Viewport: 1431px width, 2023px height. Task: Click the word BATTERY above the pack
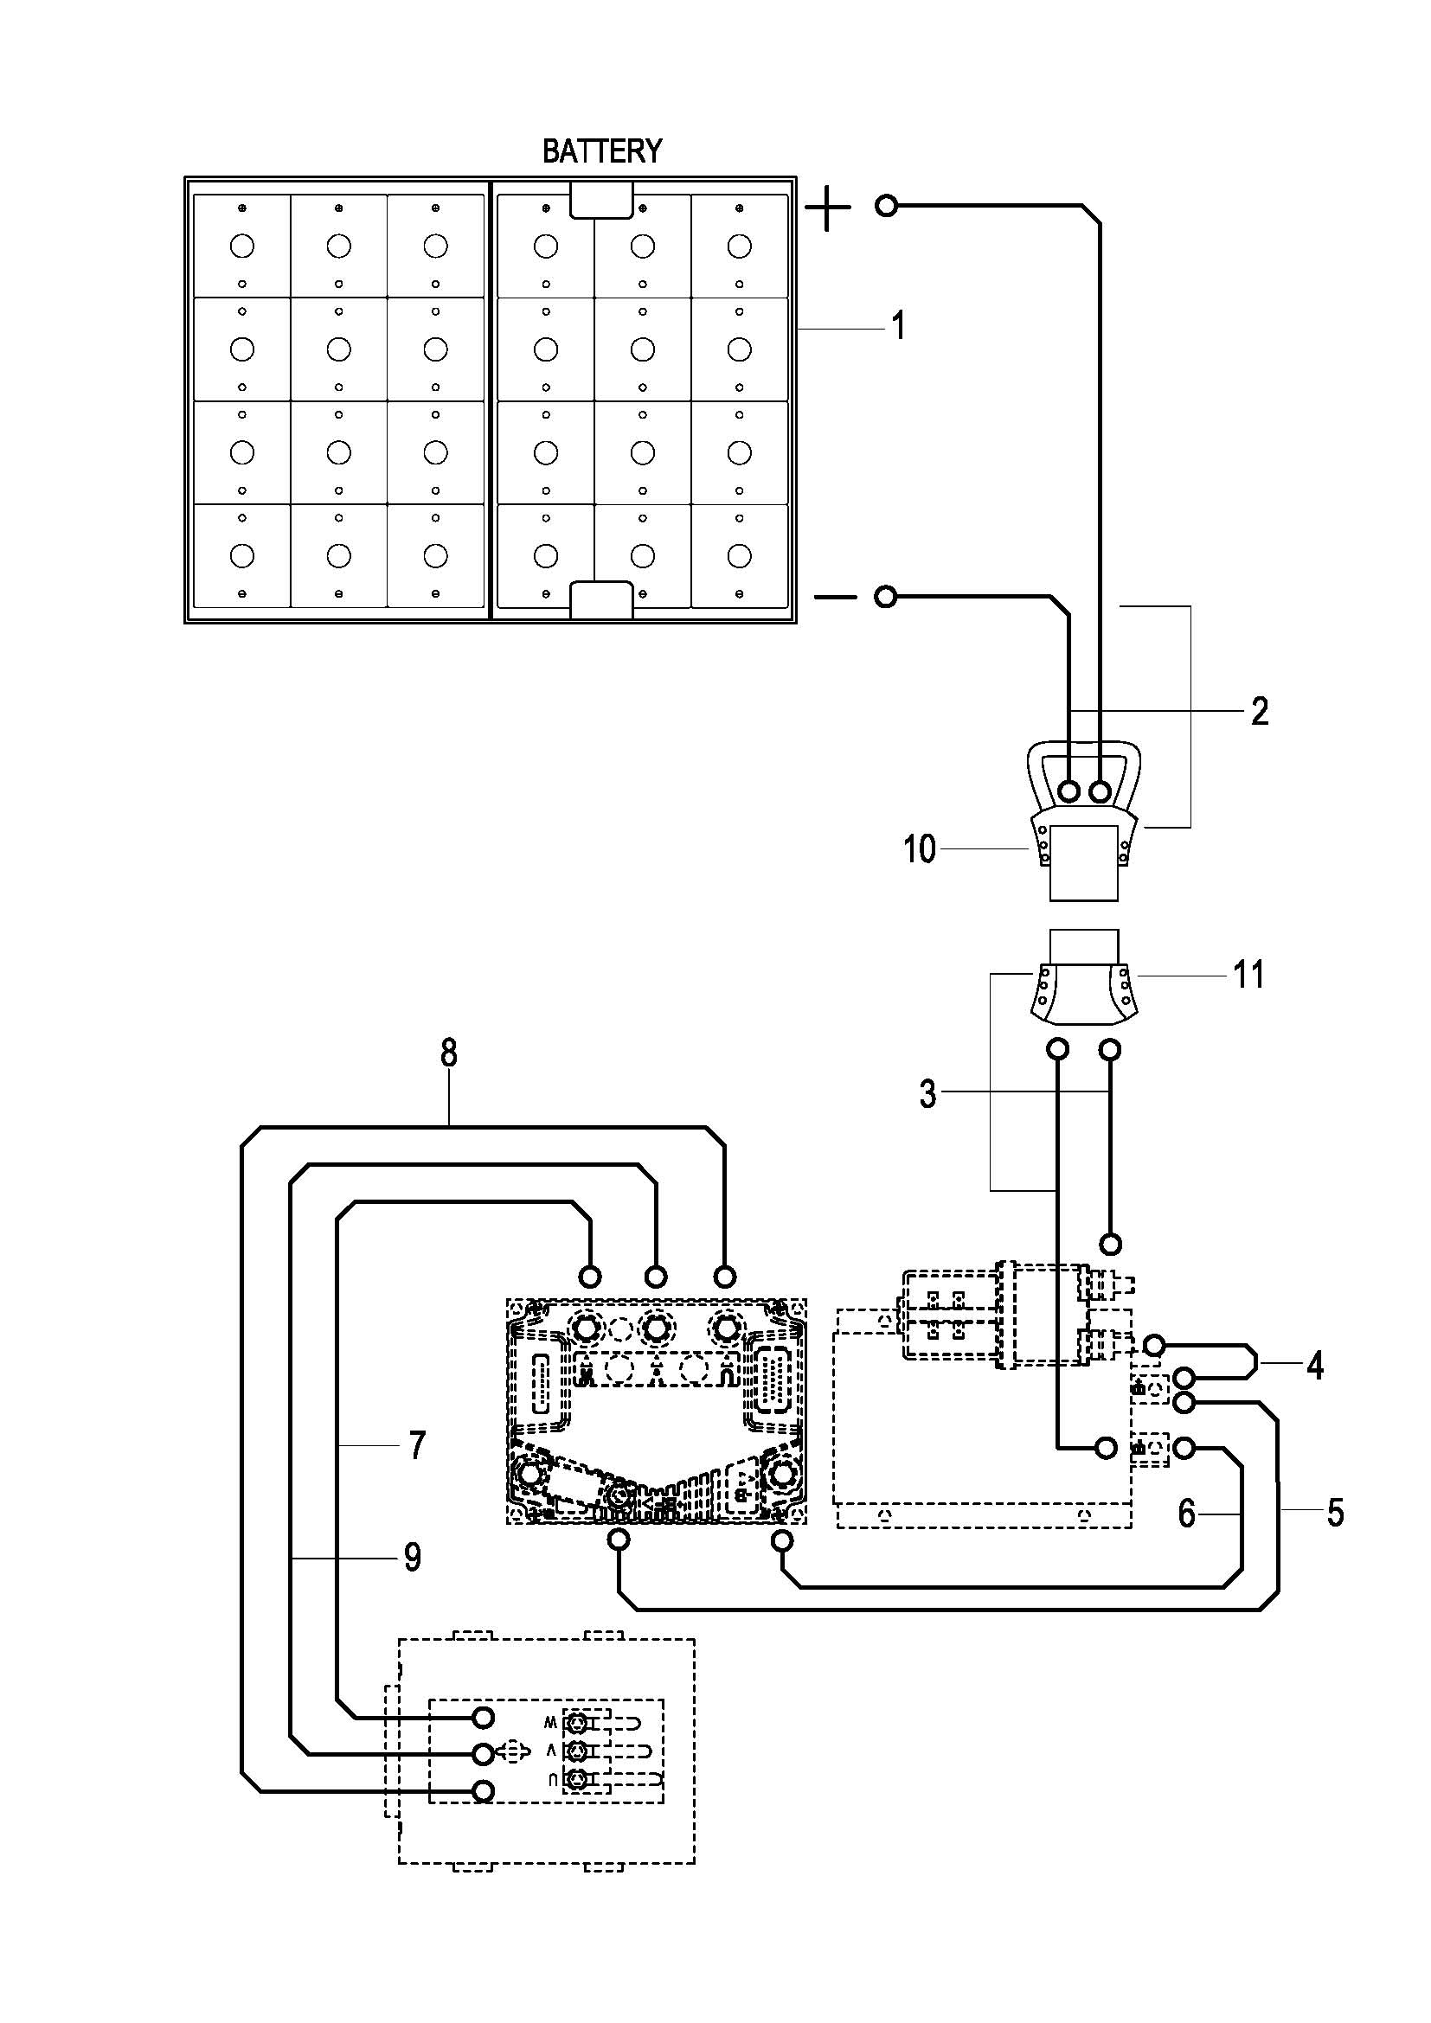[602, 151]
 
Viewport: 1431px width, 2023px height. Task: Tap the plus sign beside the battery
[828, 208]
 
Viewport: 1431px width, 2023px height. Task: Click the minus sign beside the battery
[834, 598]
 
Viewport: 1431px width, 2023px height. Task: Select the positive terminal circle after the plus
[887, 206]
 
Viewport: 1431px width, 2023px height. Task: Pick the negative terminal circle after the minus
[886, 598]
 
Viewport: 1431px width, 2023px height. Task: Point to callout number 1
[898, 326]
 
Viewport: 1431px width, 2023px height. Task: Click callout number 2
[1260, 711]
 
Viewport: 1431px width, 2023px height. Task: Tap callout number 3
[927, 1093]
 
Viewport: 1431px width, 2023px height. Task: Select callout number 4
[1315, 1365]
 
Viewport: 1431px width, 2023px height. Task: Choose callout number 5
[1335, 1513]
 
